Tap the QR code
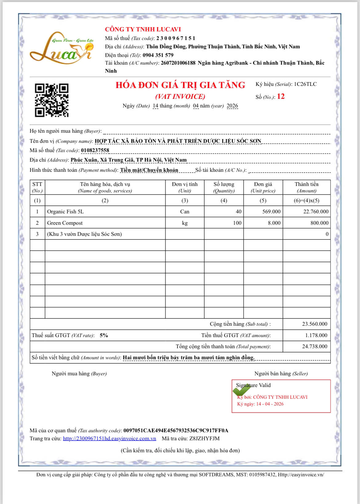tap(51, 100)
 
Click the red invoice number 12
tap(281, 97)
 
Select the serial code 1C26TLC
tap(305, 84)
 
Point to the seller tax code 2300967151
tap(176, 38)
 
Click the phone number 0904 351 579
tap(158, 55)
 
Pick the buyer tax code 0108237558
tap(95, 151)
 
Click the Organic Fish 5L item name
tap(65, 212)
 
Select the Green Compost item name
tap(65, 223)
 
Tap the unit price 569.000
tap(271, 212)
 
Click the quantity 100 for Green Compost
tap(237, 223)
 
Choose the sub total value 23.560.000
tap(314, 324)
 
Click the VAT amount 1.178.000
tap(316, 336)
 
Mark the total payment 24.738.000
tap(314, 347)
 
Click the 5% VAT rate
tap(104, 336)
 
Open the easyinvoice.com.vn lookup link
tap(109, 439)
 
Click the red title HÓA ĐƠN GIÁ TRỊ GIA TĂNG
tap(180, 85)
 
